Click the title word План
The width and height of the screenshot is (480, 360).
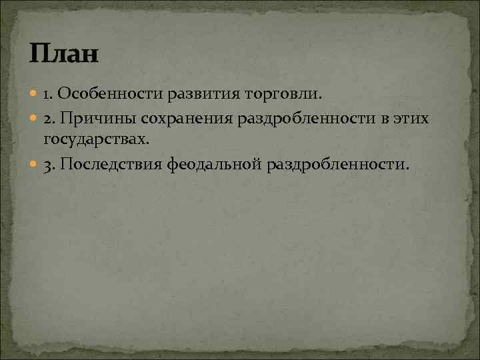64,53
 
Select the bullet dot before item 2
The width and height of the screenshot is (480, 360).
35,119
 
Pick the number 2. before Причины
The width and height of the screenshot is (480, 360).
50,118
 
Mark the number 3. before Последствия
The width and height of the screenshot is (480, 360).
50,164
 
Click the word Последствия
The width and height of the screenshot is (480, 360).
110,164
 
